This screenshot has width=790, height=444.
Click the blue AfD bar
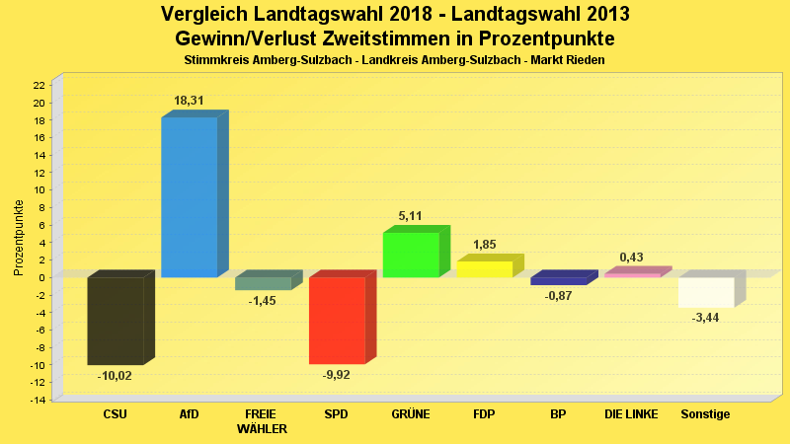pyautogui.click(x=189, y=196)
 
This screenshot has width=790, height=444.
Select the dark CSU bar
pyautogui.click(x=115, y=321)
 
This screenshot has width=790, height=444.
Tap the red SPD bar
pyautogui.click(x=337, y=320)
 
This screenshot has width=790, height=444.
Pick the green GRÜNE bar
pyautogui.click(x=410, y=255)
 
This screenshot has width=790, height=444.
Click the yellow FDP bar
pyautogui.click(x=484, y=268)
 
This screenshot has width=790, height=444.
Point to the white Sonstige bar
pyautogui.click(x=705, y=292)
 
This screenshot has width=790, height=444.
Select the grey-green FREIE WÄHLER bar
pyautogui.click(x=263, y=283)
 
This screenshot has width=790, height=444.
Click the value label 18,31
pyautogui.click(x=190, y=101)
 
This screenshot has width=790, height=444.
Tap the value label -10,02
pyautogui.click(x=115, y=376)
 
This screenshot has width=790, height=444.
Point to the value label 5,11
pyautogui.click(x=410, y=216)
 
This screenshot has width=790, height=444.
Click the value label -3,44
pyautogui.click(x=705, y=318)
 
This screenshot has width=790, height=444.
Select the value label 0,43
pyautogui.click(x=631, y=258)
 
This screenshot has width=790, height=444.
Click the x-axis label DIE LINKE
pyautogui.click(x=631, y=414)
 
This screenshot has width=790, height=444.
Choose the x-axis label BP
pyautogui.click(x=558, y=414)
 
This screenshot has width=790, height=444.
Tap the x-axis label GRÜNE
pyautogui.click(x=410, y=414)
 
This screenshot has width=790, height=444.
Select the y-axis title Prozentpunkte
pyautogui.click(x=18, y=238)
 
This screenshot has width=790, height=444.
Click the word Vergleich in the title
pyautogui.click(x=205, y=15)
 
